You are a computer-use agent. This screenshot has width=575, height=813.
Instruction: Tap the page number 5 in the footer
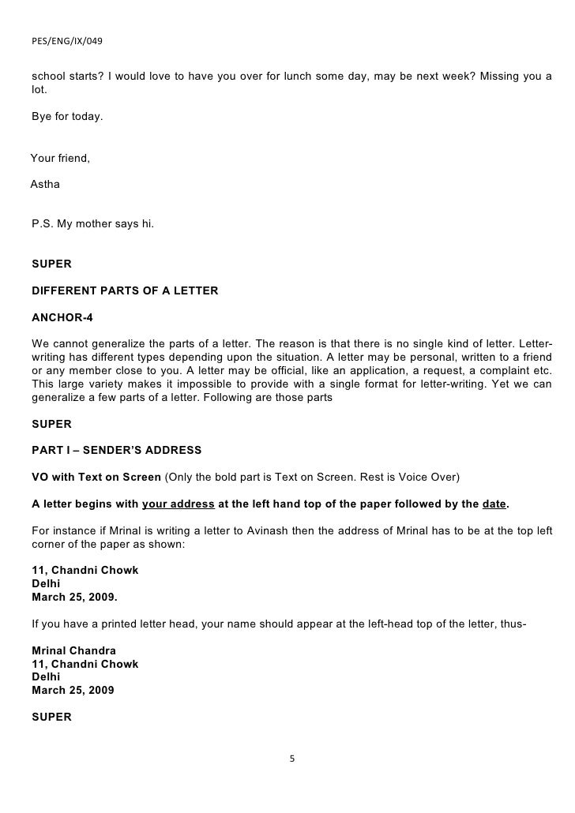291,759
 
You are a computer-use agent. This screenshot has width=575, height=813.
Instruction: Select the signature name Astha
45,185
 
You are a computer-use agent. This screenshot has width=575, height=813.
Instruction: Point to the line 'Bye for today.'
67,117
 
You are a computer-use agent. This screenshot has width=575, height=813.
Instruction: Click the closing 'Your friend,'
61,159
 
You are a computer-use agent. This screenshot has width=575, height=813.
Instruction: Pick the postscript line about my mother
92,224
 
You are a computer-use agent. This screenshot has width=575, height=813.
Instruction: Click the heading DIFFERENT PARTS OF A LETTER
125,291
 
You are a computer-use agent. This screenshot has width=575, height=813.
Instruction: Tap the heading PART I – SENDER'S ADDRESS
116,451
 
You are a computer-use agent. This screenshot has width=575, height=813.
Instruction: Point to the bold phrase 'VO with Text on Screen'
96,478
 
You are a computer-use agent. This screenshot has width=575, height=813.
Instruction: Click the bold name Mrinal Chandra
74,650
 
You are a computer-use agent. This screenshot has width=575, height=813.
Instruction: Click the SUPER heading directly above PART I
51,424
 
